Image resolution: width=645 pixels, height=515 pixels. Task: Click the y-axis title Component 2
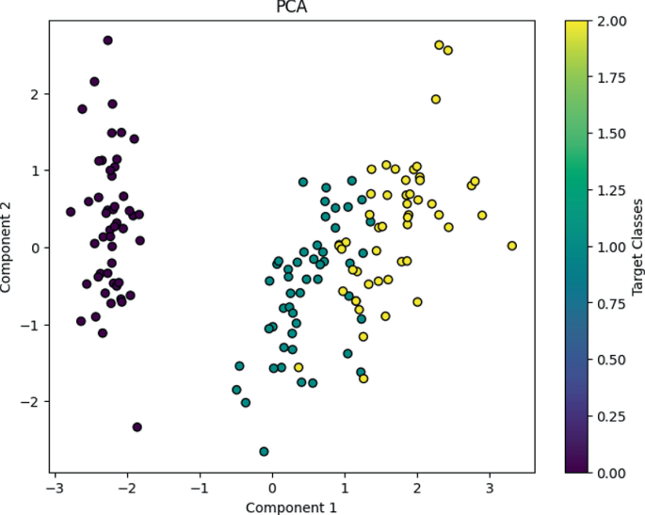coord(8,247)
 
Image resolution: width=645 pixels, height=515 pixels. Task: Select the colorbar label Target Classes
coord(637,247)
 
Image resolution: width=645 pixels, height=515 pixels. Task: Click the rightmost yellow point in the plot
coord(512,246)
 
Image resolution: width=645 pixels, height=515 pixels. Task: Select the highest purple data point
coord(107,40)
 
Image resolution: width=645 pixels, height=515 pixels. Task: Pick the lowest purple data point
coord(137,426)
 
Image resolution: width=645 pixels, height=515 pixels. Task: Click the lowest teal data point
coord(264,452)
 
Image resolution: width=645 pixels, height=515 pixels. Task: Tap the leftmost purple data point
coord(70,212)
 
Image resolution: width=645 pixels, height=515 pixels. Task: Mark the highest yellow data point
coord(439,45)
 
